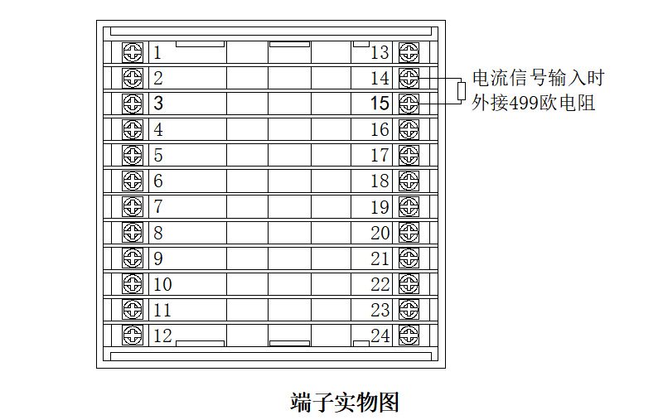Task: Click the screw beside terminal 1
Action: [133, 52]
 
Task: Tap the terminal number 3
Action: [158, 104]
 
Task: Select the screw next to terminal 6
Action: [133, 181]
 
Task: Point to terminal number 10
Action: [162, 284]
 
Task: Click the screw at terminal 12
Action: [133, 336]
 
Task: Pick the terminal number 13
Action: [380, 53]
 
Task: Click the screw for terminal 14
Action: [409, 78]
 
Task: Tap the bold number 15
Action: [380, 104]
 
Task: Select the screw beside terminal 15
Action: [409, 104]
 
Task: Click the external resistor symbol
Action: [462, 90]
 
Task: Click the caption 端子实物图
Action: [345, 403]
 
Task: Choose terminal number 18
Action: [380, 181]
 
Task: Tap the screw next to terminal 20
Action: [409, 233]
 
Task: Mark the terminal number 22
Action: [380, 285]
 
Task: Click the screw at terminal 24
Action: [409, 336]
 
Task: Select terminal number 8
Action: [158, 233]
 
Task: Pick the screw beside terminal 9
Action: [133, 258]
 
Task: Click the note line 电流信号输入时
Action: [539, 79]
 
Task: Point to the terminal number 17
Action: [380, 156]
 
